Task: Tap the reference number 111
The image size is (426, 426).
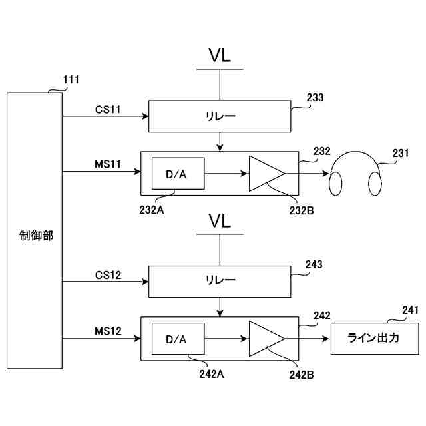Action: click(71, 80)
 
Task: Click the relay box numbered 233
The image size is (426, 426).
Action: click(220, 116)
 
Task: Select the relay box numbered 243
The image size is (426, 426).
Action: click(220, 282)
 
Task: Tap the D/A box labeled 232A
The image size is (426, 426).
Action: click(178, 174)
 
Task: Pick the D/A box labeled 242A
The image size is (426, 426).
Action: click(178, 340)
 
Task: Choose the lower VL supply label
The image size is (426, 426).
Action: click(220, 220)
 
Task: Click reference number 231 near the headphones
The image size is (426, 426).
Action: click(400, 154)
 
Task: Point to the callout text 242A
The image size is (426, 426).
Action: click(210, 373)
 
